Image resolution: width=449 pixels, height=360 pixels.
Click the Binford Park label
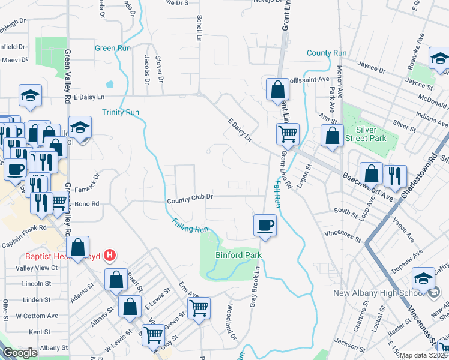[x=239, y=255]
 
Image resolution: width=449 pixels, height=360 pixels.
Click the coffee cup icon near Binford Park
[x=265, y=226]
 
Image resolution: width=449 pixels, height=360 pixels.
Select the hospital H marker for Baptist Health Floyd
[x=109, y=256]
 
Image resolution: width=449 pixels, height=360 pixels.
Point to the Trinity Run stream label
[x=121, y=112]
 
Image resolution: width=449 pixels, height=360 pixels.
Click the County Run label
[x=327, y=53]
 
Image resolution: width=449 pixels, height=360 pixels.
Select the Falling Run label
[x=189, y=226]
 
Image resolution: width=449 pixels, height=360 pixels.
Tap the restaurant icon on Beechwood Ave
[x=394, y=176]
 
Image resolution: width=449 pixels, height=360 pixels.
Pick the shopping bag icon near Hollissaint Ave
[x=277, y=90]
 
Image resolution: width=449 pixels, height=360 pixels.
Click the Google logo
[x=20, y=353]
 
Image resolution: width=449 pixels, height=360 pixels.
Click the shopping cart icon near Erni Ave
[x=199, y=308]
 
